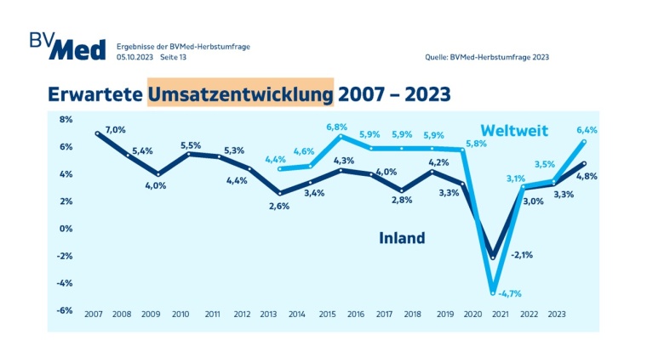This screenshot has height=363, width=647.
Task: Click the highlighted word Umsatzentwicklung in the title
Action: coord(239,92)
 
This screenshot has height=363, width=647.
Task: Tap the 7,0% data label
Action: coord(115,130)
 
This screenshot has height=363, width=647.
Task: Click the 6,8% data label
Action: coord(337,127)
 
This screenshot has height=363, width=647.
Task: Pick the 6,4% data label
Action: coord(587,130)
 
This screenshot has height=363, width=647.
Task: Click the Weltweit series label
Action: coord(514,131)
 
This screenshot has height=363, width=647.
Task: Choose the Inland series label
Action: coord(402,238)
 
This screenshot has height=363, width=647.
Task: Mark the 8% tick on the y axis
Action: coord(66,120)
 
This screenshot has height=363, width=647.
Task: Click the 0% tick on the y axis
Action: coord(66,229)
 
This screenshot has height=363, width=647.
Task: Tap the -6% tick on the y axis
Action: coord(65,310)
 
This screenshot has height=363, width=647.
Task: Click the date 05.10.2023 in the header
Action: coord(134,57)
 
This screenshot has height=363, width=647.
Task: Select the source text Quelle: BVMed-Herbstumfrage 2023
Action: coord(487,57)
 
